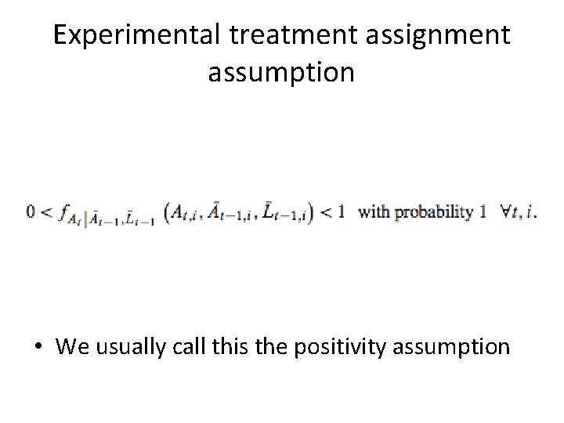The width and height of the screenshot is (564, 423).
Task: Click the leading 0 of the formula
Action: [x=31, y=212]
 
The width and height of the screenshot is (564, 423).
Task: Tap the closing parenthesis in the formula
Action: [x=310, y=213]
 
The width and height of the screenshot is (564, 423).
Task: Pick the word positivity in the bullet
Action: [x=345, y=347]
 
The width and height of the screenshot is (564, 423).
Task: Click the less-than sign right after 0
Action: [x=45, y=213]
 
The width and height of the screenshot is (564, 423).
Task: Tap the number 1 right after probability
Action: [x=483, y=212]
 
